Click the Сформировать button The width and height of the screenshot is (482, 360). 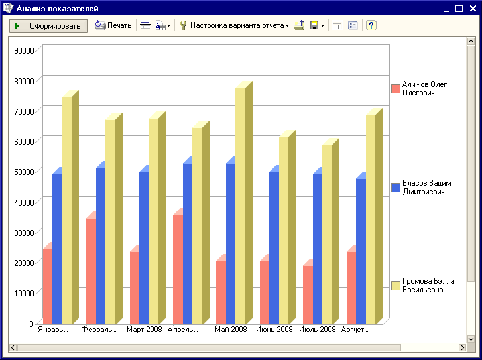coord(48,26)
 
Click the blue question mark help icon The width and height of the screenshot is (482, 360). coord(371,25)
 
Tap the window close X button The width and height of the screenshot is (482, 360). coord(473,9)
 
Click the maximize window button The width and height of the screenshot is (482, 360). coord(459,9)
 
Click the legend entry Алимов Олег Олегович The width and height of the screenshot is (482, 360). coord(419,89)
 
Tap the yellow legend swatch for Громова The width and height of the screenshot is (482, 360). coord(396,286)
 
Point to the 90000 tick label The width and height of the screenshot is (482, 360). coord(24,51)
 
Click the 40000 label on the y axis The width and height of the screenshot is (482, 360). coord(24,203)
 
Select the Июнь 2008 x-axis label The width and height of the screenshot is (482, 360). coord(274,330)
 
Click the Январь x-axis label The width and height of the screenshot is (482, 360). coord(53,330)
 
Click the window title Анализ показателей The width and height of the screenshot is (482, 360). coord(57,9)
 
